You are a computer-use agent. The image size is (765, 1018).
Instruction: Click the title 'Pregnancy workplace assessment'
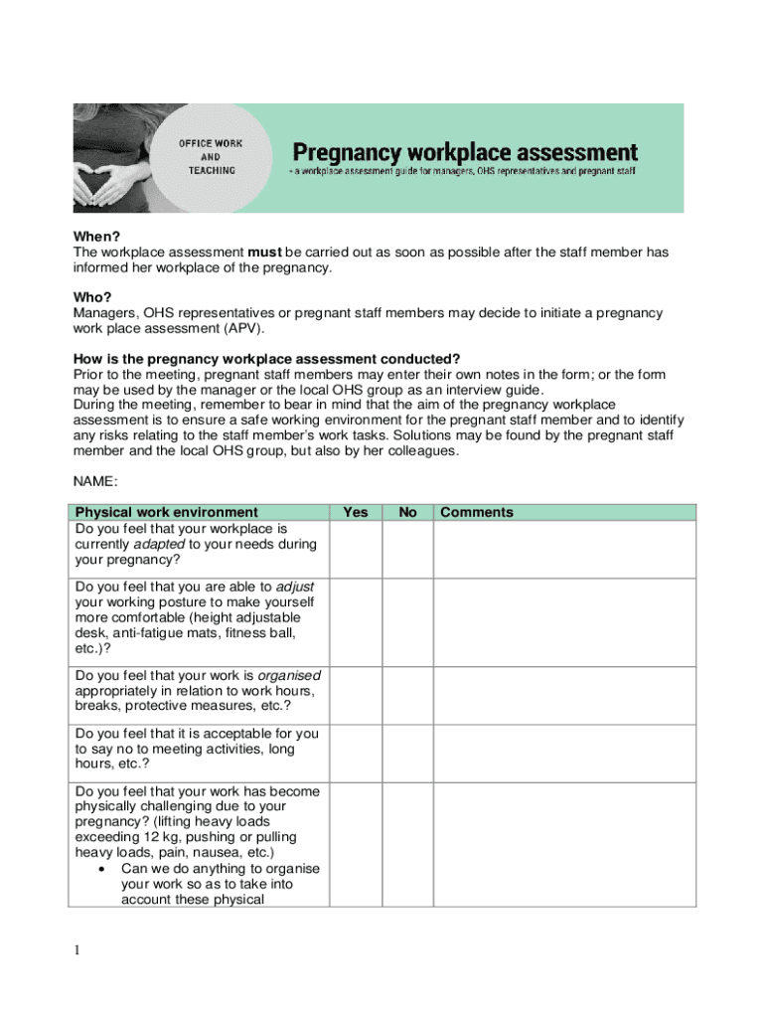click(464, 152)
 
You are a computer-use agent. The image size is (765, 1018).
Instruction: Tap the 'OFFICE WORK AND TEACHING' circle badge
click(211, 157)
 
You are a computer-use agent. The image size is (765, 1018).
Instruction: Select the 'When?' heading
click(93, 238)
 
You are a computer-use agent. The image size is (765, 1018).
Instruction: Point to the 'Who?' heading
click(92, 297)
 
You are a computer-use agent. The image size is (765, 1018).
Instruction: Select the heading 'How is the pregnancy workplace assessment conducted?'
click(267, 359)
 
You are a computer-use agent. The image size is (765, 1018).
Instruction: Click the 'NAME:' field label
click(96, 481)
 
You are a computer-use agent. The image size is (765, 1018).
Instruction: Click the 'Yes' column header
click(355, 513)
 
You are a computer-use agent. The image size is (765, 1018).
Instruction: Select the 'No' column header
click(407, 513)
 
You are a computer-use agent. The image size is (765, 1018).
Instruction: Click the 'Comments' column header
click(477, 513)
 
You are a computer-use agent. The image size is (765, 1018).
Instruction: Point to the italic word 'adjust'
click(295, 587)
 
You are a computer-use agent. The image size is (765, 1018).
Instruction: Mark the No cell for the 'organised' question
click(407, 695)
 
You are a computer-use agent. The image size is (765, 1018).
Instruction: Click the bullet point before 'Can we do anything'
click(104, 869)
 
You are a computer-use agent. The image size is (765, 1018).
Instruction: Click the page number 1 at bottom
click(76, 951)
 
